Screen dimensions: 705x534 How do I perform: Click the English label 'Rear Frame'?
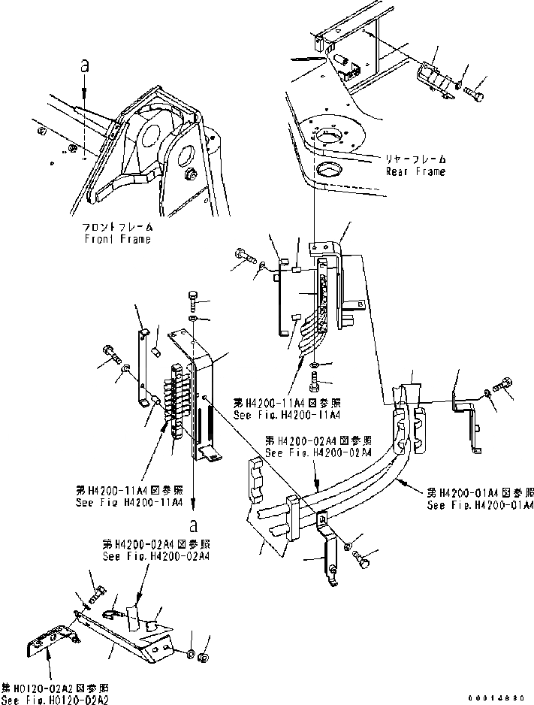pyautogui.click(x=415, y=171)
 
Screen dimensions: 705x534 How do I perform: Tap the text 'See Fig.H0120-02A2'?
pyautogui.click(x=55, y=699)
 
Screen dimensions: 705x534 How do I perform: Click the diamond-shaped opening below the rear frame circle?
pyautogui.click(x=329, y=170)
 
